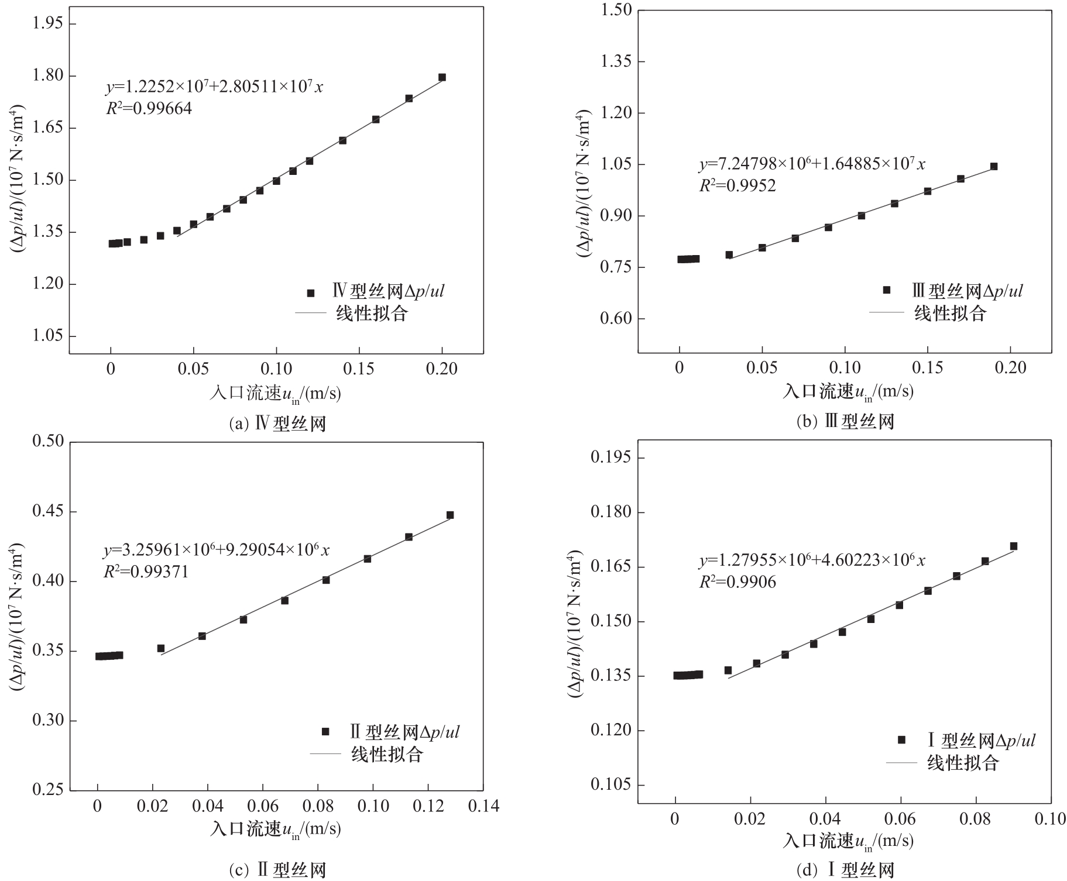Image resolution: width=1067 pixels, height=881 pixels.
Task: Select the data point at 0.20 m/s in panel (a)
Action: click(x=442, y=77)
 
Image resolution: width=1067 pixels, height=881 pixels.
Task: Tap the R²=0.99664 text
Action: click(x=149, y=109)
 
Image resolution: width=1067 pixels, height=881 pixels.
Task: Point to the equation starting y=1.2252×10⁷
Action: click(x=214, y=87)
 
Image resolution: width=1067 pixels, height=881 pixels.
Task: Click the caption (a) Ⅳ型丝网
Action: click(x=277, y=423)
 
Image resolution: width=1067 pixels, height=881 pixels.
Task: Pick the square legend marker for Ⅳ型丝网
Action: click(x=311, y=293)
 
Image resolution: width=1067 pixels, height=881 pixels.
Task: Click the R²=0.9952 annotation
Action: click(x=737, y=186)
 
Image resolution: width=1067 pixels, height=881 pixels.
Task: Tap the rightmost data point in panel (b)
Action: click(x=993, y=167)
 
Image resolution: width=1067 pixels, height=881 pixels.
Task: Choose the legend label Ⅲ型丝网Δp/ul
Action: click(x=967, y=291)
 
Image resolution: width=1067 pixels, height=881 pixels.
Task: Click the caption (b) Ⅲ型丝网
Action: click(x=845, y=421)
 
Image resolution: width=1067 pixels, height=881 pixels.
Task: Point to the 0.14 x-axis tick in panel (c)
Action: click(x=483, y=806)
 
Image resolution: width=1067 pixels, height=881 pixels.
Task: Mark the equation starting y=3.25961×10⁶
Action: click(x=217, y=550)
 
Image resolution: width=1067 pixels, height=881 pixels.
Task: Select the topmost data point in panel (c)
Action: click(x=450, y=515)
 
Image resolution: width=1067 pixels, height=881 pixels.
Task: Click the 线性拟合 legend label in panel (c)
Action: click(x=387, y=754)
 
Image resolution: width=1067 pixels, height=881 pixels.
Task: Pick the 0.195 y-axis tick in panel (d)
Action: click(x=611, y=457)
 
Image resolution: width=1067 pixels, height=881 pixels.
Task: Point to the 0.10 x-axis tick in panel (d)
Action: click(x=1050, y=819)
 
